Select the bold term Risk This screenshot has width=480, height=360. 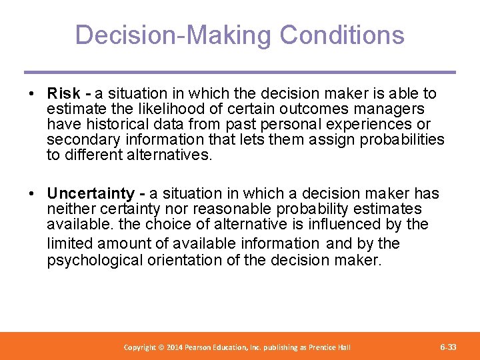click(x=64, y=93)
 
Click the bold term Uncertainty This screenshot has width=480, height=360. click(x=91, y=193)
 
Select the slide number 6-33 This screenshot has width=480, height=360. click(x=448, y=347)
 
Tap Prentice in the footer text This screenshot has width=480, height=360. click(x=321, y=347)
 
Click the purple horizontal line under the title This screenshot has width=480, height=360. click(x=240, y=72)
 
